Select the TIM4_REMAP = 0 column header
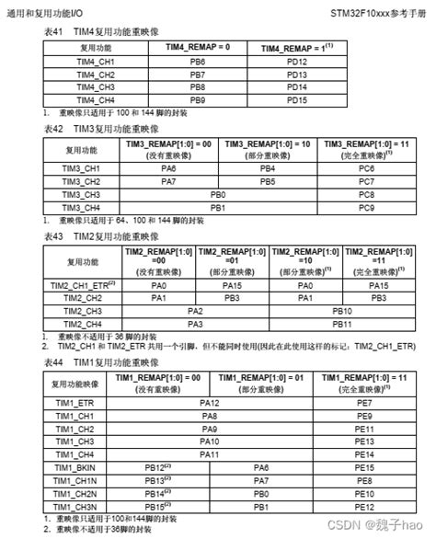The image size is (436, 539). pos(197,47)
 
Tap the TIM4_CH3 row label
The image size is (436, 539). pos(95,86)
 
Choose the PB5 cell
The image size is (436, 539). pos(267,182)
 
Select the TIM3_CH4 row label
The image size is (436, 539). pos(81,208)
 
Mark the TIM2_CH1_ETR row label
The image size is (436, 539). pos(83,286)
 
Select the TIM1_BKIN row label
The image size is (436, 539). pos(74,468)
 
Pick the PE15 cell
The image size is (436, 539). pos(363,468)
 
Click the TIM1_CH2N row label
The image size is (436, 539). pos(74,494)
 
